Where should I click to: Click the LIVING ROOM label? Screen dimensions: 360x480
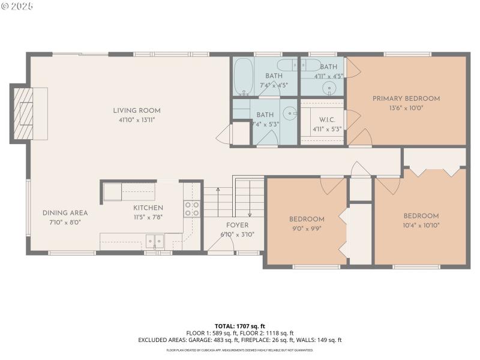tap(137, 110)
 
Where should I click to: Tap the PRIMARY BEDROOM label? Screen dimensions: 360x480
tap(406, 98)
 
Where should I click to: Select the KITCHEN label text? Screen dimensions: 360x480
tap(148, 208)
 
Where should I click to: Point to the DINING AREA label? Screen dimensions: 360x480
tap(65, 213)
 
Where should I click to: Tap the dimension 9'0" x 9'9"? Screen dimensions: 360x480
tap(307, 227)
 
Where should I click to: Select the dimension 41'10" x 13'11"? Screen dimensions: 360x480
tap(137, 119)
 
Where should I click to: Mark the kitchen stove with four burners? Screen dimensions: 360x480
tap(191, 208)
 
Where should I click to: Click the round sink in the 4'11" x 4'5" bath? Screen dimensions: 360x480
tap(329, 89)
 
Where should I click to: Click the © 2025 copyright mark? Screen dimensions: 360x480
tap(17, 5)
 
